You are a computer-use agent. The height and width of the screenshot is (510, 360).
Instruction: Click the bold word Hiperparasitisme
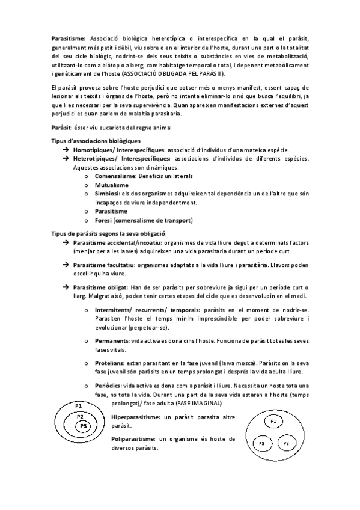click(136, 417)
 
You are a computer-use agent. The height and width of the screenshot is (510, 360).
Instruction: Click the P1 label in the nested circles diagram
click(79, 407)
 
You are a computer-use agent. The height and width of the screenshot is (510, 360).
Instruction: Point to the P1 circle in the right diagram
click(272, 422)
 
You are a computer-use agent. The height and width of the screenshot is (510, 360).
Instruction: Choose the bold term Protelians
click(111, 363)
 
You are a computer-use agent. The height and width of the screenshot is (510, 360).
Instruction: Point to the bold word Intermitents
click(112, 310)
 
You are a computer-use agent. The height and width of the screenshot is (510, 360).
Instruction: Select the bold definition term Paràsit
click(61, 127)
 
